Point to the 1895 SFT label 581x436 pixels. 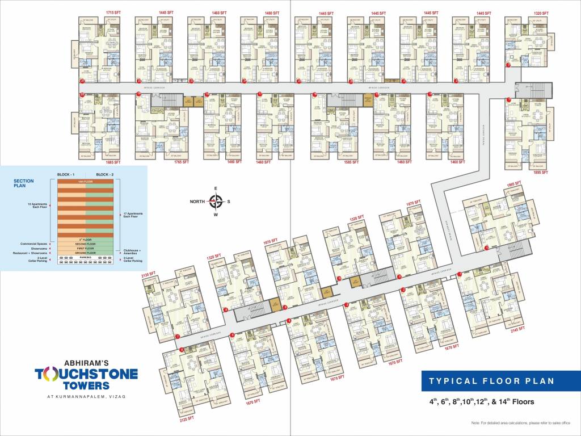point(540,172)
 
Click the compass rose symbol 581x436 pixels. point(216,201)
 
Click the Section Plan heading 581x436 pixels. point(24,183)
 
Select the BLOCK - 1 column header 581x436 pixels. point(67,174)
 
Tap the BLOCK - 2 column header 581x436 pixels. point(105,174)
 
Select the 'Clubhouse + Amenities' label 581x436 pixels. point(134,251)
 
